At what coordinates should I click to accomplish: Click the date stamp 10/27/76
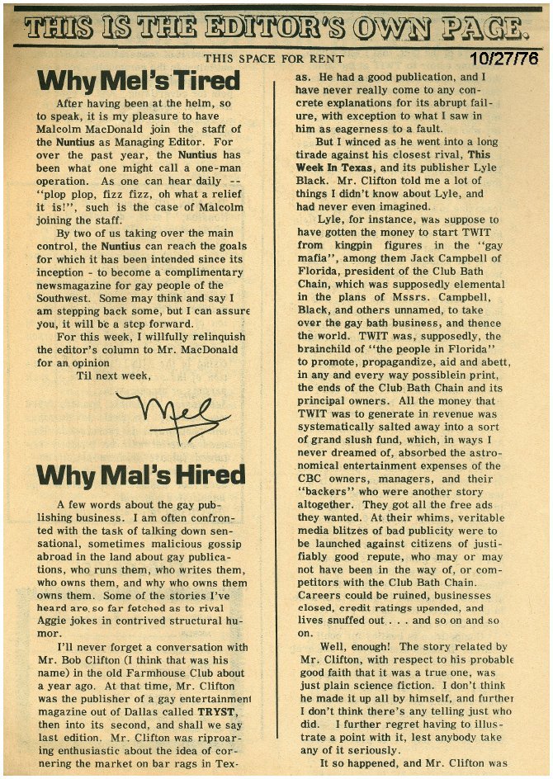(503, 59)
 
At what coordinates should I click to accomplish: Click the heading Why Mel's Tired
(139, 81)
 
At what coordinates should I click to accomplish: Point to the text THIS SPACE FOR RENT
(266, 58)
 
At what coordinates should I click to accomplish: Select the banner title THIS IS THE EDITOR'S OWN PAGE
(276, 30)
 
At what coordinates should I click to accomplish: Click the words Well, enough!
(357, 647)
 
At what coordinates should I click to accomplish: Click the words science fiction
(390, 685)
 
